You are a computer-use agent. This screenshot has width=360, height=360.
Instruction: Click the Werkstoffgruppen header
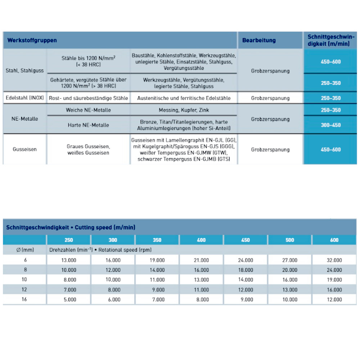32,40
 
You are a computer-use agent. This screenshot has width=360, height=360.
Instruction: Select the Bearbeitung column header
259,40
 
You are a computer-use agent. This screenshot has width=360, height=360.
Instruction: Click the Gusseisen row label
24,149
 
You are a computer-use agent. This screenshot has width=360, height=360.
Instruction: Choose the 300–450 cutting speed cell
330,125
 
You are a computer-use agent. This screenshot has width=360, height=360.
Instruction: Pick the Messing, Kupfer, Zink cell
184,110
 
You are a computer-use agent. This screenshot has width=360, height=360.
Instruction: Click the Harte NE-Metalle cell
88,125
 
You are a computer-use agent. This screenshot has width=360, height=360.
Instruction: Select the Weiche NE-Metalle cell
88,110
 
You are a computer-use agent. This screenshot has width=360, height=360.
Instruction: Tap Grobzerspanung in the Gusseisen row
270,149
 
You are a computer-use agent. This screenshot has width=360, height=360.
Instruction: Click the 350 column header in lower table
157,240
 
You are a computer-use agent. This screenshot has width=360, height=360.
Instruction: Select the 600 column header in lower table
334,240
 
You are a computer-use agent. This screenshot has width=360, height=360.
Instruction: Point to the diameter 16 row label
24,299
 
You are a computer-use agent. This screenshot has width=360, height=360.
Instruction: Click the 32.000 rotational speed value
334,260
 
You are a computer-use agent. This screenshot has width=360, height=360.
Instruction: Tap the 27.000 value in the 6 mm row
290,260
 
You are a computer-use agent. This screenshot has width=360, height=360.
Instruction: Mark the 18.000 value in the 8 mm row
246,270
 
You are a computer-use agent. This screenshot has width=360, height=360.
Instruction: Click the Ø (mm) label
24,250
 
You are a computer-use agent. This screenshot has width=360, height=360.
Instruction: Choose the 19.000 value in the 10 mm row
334,280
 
